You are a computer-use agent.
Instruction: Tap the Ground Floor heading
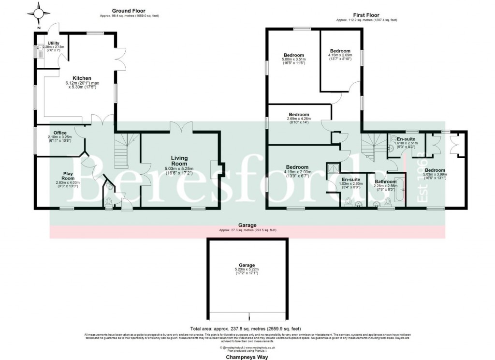(x=129, y=11)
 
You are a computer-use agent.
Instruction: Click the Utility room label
(x=53, y=43)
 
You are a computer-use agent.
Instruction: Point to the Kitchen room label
(x=82, y=78)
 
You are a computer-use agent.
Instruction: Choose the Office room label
(x=60, y=133)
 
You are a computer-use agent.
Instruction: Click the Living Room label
(x=179, y=161)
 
